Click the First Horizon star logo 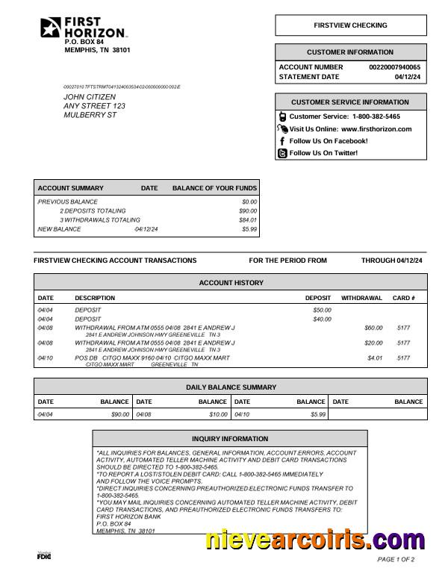[x=51, y=28]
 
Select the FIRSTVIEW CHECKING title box [x=350, y=25]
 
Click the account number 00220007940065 [x=394, y=67]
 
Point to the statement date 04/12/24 [x=408, y=77]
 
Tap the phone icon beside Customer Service [x=282, y=116]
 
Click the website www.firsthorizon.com [x=376, y=129]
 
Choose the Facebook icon [x=282, y=141]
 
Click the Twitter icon [x=282, y=153]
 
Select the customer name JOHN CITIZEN [x=90, y=97]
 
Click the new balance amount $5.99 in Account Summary [x=249, y=229]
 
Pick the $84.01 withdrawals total [x=248, y=220]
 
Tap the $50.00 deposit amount [x=322, y=310]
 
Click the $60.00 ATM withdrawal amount [x=373, y=328]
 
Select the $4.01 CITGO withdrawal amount [x=375, y=358]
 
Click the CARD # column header [x=403, y=298]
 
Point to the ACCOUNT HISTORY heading [x=231, y=283]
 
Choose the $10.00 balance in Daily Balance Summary [x=218, y=414]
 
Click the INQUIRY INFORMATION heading [x=230, y=439]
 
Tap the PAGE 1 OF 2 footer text [x=396, y=559]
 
